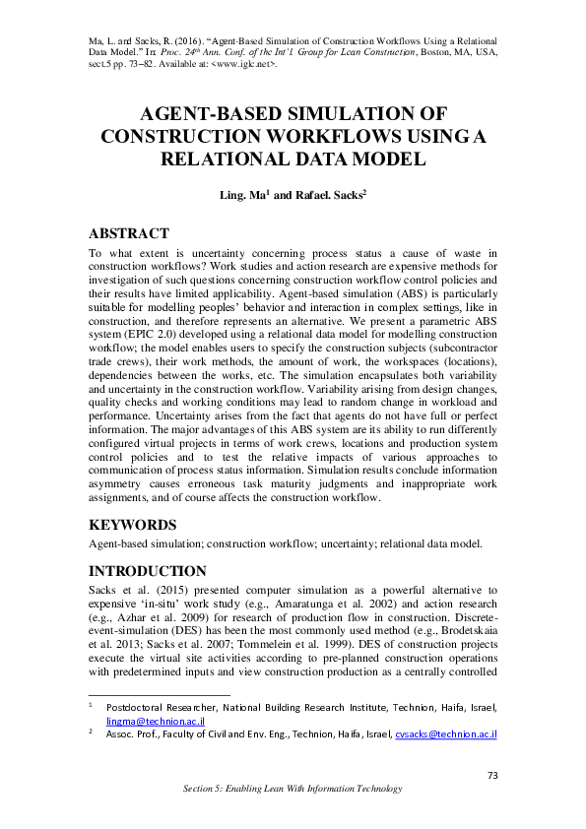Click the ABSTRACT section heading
(x=129, y=234)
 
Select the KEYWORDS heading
(x=134, y=525)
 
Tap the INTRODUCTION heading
(x=148, y=571)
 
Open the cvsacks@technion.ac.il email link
(x=444, y=734)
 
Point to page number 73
(x=493, y=776)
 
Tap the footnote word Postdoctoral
(x=139, y=707)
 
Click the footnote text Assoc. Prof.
(x=132, y=734)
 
